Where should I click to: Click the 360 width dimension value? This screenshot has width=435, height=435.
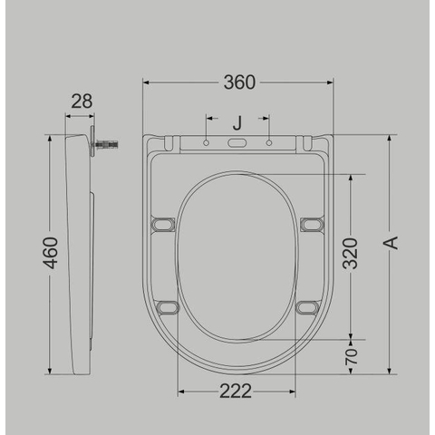tap(239, 82)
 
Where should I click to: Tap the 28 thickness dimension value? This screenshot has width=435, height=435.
tap(82, 101)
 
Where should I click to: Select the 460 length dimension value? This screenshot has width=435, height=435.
tap(50, 253)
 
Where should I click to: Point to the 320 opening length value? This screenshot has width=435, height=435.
tap(350, 254)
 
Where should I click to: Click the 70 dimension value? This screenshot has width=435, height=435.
tap(352, 356)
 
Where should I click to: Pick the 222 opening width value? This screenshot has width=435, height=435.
tap(236, 391)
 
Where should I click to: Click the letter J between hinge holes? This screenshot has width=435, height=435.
tap(237, 123)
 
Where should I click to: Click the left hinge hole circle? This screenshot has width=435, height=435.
tap(207, 142)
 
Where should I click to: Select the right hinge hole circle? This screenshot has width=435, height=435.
tap(269, 142)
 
